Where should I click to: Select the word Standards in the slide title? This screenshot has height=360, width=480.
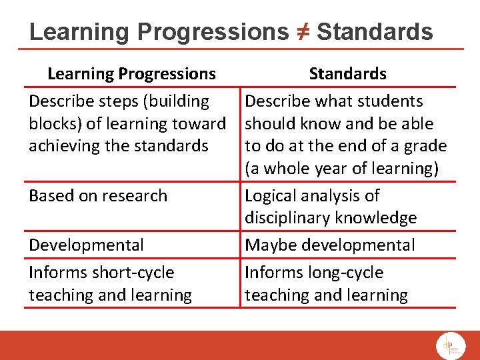(x=374, y=31)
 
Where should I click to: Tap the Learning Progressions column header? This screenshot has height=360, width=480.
(x=131, y=73)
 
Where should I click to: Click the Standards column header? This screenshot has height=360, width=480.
(x=347, y=73)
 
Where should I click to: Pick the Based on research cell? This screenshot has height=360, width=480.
(x=98, y=195)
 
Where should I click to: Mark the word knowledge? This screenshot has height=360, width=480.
(x=378, y=218)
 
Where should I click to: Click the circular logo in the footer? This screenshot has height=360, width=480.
(x=451, y=345)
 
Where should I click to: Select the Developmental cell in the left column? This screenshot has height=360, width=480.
(x=86, y=245)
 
